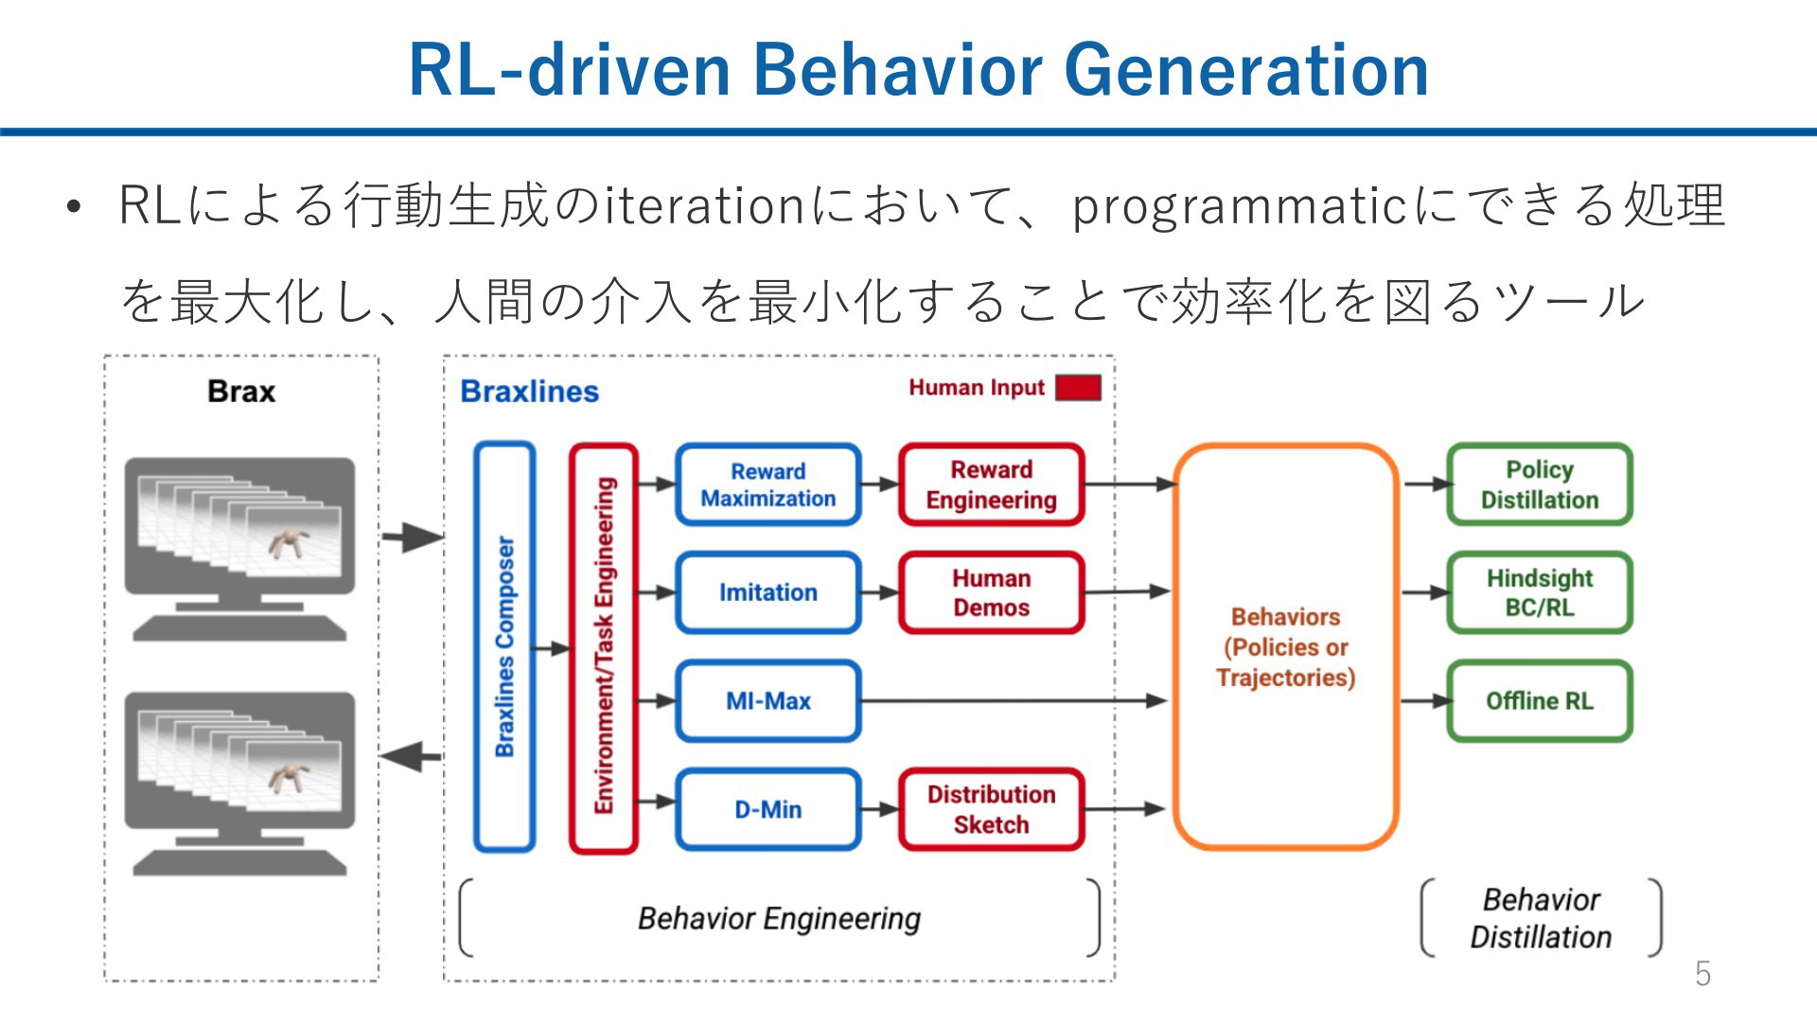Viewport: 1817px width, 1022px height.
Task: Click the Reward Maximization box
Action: (x=767, y=485)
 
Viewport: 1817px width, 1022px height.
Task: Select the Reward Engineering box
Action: (x=991, y=485)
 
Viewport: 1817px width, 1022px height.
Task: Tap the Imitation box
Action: (x=767, y=592)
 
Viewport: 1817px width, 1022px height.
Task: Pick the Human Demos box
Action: (x=991, y=592)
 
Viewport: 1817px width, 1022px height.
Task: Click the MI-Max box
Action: (x=767, y=701)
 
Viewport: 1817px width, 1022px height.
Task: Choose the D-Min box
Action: (x=767, y=809)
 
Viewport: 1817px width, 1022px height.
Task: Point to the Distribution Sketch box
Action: (x=991, y=809)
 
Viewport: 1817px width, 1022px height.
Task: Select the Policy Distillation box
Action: (x=1540, y=485)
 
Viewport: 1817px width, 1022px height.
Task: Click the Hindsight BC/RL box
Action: (x=1540, y=592)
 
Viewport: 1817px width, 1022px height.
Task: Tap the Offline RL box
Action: (x=1540, y=701)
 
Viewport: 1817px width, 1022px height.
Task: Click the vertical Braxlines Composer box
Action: (x=504, y=647)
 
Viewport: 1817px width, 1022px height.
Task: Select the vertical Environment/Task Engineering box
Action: (x=603, y=647)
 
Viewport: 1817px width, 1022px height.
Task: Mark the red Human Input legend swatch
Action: (x=1078, y=388)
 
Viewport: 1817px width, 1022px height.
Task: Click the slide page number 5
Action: (x=1702, y=974)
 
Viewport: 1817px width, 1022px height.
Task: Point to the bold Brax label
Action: (x=241, y=392)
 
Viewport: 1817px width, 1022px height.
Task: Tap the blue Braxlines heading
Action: (x=529, y=392)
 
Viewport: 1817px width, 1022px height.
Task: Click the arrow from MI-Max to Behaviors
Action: (x=1014, y=701)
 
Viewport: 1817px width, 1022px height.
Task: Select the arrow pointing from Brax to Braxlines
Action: (x=413, y=537)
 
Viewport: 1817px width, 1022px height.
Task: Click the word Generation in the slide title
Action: (x=1246, y=70)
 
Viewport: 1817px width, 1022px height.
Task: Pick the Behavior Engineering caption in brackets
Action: (x=779, y=918)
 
